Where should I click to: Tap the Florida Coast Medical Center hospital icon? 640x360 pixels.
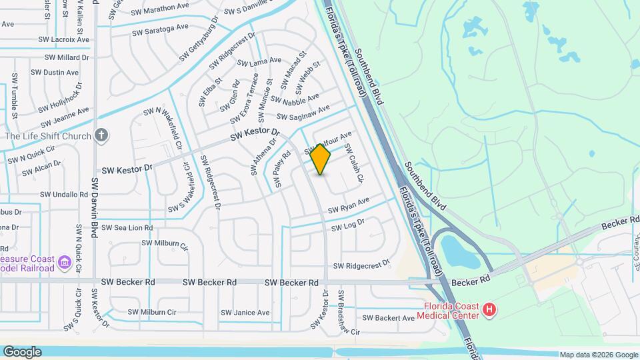[490, 309]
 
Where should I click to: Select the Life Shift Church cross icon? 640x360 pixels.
[101, 135]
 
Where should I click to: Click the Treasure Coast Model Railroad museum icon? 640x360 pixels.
[65, 263]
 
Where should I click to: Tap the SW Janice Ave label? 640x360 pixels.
[245, 313]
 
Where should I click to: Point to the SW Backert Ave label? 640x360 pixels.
[390, 318]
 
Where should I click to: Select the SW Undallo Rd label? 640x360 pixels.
[64, 195]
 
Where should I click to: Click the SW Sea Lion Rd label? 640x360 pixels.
[128, 228]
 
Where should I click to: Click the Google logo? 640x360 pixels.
[22, 352]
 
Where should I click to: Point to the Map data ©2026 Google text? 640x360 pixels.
[598, 355]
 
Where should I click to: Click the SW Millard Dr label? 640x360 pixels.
[67, 57]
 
